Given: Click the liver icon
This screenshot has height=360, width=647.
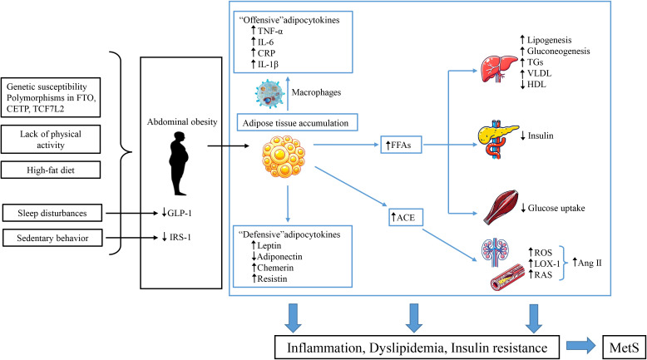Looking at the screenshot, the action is [499, 69].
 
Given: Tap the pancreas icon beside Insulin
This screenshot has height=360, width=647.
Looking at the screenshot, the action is [498, 139].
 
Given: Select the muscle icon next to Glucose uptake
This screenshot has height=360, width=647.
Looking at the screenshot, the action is [501, 207].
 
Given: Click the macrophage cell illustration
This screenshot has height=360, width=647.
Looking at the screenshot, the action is [269, 93].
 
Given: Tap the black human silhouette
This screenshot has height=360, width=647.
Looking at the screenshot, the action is [179, 163].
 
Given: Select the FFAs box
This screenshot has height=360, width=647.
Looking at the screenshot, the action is [401, 145].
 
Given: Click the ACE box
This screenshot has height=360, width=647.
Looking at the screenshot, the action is [406, 217].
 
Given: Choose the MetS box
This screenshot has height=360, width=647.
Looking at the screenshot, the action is [624, 347].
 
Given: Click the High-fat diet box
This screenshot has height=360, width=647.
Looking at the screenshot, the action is [51, 170].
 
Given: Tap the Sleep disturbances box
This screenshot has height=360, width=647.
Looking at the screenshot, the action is [52, 213].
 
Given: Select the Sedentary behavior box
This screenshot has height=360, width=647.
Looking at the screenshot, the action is [52, 238].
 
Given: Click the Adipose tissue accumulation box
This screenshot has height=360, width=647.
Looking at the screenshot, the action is [295, 123].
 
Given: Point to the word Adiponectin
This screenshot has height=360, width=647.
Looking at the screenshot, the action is [279, 257].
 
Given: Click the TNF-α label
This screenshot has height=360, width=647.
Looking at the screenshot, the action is [269, 31].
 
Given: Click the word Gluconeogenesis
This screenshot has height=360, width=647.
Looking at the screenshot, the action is [558, 52].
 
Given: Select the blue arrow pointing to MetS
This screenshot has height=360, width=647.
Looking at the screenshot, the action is [581, 347].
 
